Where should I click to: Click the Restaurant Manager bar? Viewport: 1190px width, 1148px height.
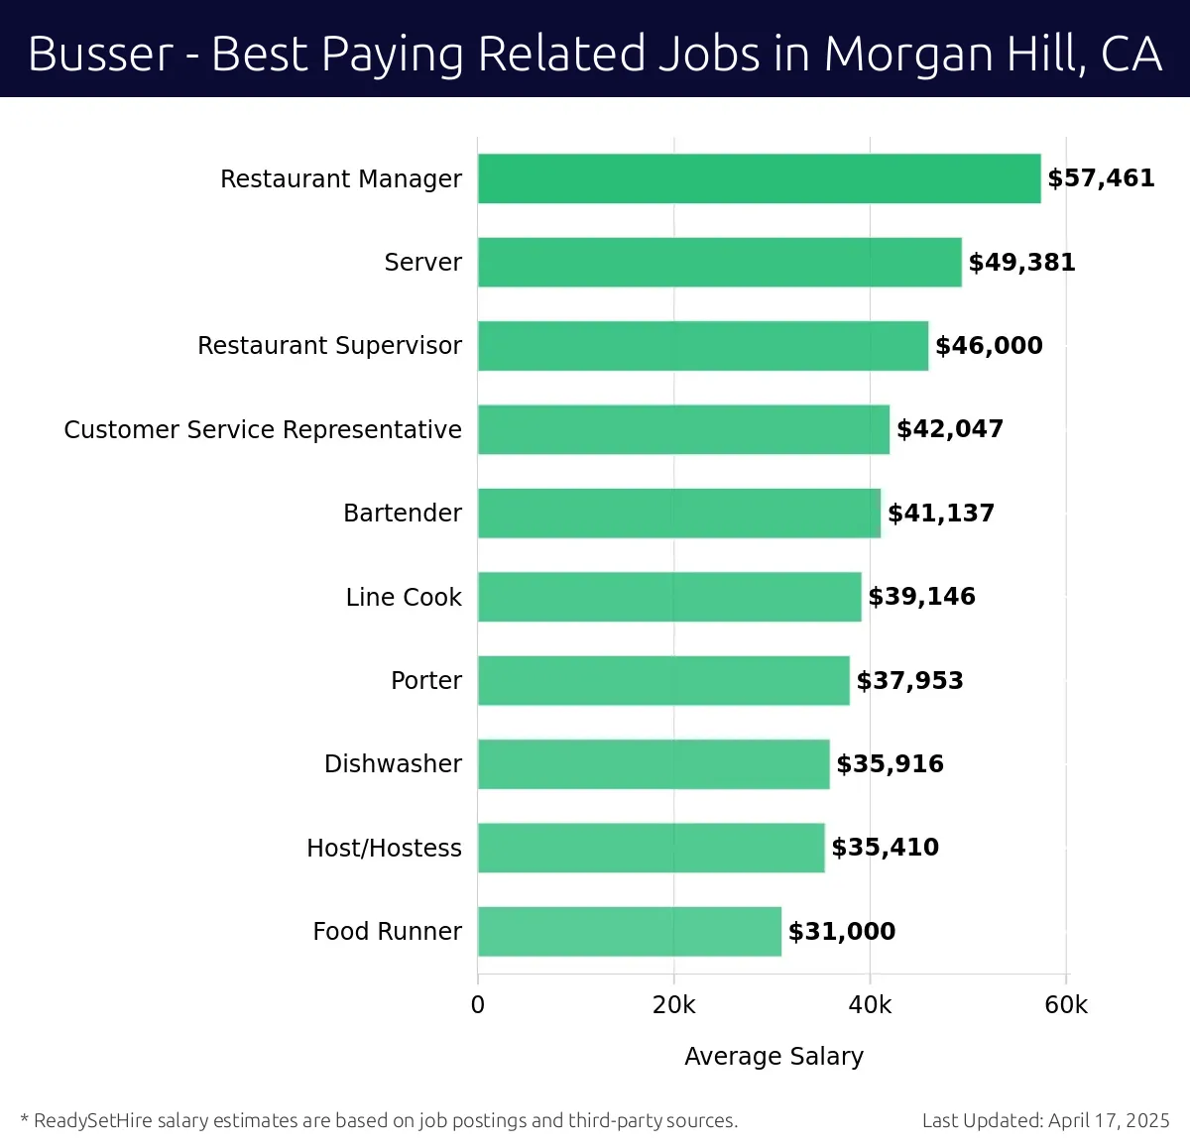[759, 178]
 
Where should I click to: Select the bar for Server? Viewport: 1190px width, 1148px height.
[719, 262]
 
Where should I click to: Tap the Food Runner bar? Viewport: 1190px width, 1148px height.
[629, 931]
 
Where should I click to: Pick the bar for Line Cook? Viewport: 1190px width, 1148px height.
[669, 597]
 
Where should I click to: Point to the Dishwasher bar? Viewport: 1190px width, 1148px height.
[654, 763]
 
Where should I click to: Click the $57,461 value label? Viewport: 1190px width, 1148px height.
[1101, 178]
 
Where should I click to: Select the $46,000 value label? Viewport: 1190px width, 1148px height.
[989, 346]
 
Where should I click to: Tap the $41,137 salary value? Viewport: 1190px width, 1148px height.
[941, 513]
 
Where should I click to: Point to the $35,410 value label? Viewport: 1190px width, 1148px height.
[885, 848]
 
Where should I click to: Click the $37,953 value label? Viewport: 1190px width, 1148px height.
[909, 680]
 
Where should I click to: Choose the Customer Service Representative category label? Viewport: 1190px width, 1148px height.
[263, 429]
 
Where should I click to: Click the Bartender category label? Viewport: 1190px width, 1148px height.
[403, 513]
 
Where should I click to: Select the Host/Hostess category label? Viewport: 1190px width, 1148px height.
[384, 848]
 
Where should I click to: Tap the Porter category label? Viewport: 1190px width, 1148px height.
[426, 680]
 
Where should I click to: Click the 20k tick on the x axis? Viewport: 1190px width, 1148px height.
[673, 1005]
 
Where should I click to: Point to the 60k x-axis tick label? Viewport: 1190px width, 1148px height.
[1066, 1005]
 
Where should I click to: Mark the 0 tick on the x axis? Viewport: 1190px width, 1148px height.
[478, 1005]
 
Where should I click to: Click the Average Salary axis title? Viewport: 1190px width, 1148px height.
[773, 1056]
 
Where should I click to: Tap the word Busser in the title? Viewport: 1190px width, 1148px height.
[100, 54]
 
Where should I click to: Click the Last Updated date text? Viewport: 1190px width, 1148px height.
[1045, 1120]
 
